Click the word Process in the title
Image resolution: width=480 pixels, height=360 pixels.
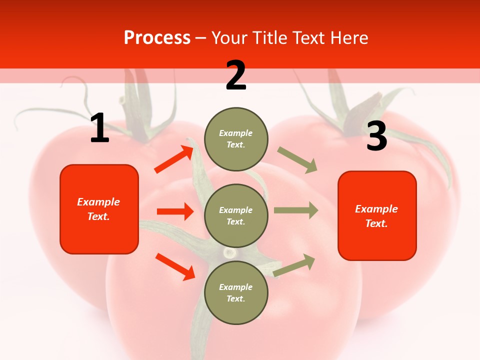click(x=157, y=38)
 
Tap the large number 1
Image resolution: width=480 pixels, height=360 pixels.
click(x=99, y=128)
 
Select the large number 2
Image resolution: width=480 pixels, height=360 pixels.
click(x=236, y=75)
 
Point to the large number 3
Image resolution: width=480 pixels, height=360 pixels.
click(x=376, y=136)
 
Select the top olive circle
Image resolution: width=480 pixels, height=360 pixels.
click(x=236, y=139)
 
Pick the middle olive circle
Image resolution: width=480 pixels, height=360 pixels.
click(x=236, y=215)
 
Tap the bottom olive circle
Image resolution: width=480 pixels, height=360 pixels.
click(x=236, y=292)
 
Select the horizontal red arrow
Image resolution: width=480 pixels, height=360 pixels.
click(x=175, y=211)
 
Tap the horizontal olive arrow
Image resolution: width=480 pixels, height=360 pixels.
click(x=296, y=210)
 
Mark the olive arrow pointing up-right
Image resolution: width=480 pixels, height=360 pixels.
click(x=294, y=265)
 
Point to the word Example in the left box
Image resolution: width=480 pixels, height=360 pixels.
click(x=98, y=202)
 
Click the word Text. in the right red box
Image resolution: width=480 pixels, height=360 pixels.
click(x=376, y=223)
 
